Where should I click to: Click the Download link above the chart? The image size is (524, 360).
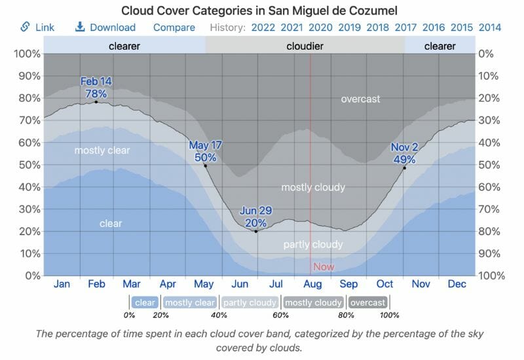[x=105, y=27]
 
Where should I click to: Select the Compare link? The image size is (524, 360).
[x=174, y=27]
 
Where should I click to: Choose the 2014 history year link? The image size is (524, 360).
[x=490, y=27]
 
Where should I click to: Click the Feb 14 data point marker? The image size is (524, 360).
[x=96, y=101]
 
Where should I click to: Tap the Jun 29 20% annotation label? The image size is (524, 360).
[x=256, y=217]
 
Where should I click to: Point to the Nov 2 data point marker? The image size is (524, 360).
[x=404, y=168]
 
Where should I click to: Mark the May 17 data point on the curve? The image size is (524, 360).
[x=206, y=166]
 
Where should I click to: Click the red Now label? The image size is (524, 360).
[x=324, y=266]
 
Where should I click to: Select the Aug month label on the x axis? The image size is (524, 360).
[x=312, y=285]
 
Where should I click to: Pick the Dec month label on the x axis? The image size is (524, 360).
[x=457, y=285]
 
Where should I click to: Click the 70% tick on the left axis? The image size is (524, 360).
[x=26, y=120]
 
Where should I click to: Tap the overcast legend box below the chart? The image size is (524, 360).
[x=367, y=303]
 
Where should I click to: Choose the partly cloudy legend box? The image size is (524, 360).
[x=250, y=303]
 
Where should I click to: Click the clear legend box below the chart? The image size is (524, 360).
[x=145, y=303]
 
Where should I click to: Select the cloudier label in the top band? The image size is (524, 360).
[x=305, y=46]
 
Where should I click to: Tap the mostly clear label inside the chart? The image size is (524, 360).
[x=102, y=151]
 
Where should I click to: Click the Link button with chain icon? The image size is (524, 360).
[x=37, y=27]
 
